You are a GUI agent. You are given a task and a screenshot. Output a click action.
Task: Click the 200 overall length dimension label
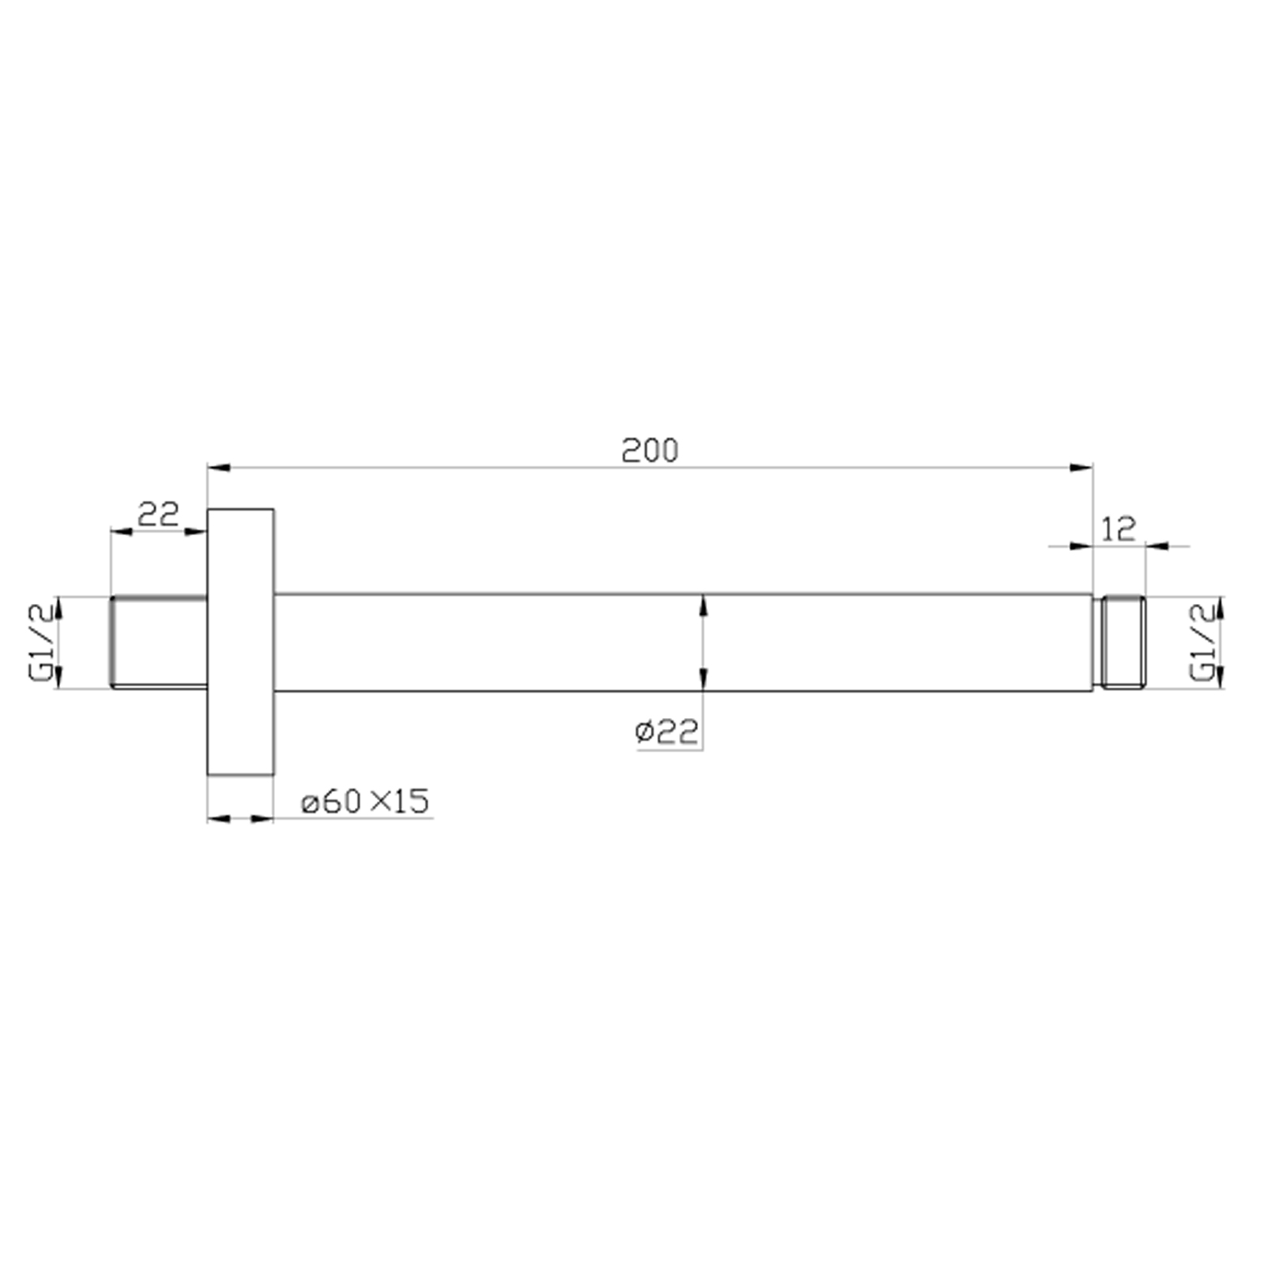(x=650, y=451)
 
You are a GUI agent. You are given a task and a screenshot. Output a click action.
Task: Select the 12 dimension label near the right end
(x=1119, y=528)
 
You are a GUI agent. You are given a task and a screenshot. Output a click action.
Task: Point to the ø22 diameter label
(x=666, y=732)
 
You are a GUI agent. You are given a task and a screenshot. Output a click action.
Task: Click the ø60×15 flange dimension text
(x=365, y=802)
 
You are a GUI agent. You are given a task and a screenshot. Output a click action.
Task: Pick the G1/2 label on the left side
(x=41, y=642)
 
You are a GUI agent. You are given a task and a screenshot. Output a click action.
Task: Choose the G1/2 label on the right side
(x=1202, y=641)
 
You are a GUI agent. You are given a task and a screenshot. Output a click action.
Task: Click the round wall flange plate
(x=240, y=642)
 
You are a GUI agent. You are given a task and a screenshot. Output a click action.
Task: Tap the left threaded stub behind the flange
(x=158, y=642)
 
